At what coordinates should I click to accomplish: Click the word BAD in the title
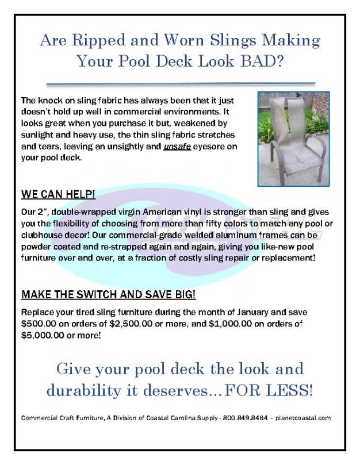coord(260,61)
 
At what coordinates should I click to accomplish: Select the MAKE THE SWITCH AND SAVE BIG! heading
coord(108,295)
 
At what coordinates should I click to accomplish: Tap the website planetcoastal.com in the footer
coord(302,418)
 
